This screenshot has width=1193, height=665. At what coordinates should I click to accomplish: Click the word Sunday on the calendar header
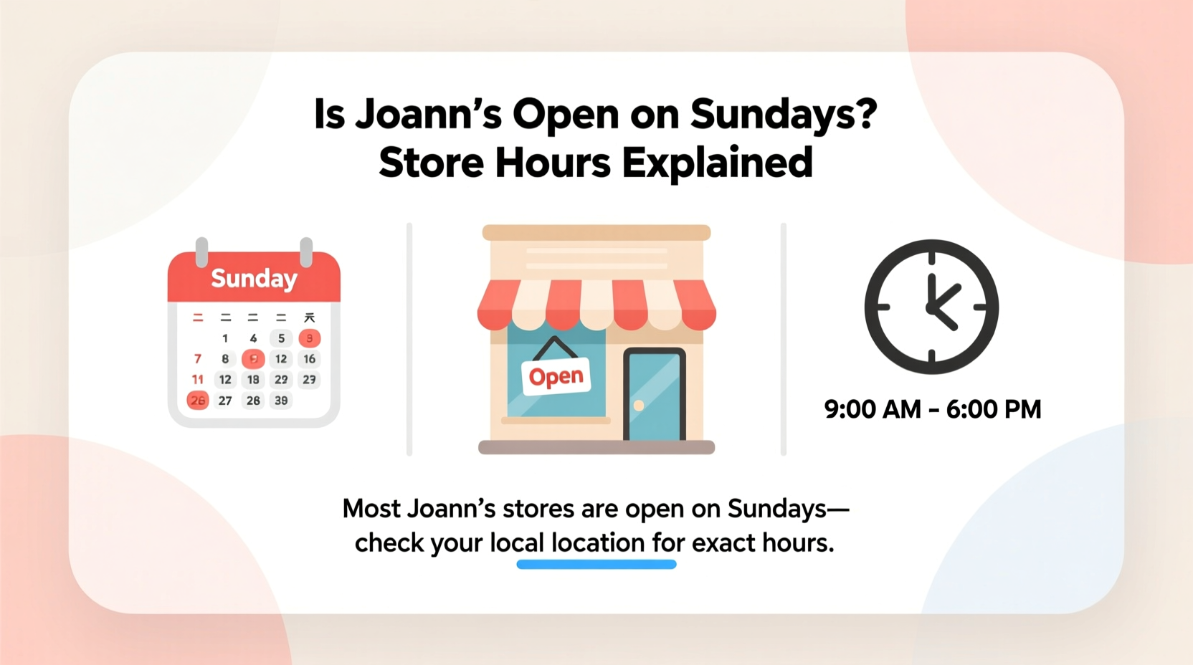254,278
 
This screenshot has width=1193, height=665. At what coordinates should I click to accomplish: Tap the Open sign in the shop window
556,376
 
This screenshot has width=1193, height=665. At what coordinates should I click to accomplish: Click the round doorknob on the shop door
639,406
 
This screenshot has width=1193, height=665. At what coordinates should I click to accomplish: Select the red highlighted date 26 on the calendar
197,401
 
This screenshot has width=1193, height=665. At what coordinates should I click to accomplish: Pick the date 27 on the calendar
225,401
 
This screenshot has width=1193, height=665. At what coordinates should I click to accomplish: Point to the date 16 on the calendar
309,359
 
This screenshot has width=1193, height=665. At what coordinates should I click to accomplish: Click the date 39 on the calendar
281,401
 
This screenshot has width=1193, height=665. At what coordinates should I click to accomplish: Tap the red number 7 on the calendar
198,359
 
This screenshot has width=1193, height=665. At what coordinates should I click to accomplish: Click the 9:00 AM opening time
872,409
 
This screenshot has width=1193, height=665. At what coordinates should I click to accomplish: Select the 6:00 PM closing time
994,409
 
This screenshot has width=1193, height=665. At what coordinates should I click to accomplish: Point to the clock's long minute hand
931,290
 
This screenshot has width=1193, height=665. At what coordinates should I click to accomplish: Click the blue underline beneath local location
596,565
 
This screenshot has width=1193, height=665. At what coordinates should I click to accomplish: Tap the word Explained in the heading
717,163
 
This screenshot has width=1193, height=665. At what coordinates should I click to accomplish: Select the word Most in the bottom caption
371,509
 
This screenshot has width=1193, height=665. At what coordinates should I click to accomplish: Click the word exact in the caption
723,543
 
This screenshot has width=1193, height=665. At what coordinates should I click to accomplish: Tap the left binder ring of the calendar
202,252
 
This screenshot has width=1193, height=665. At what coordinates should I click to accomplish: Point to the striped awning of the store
596,305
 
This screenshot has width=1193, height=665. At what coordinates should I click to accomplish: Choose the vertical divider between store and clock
784,338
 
